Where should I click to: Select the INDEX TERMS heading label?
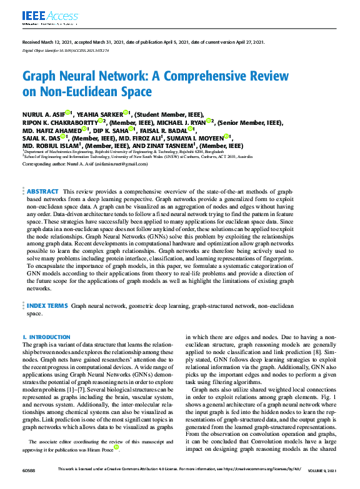(47, 306)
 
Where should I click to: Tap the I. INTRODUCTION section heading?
(47, 337)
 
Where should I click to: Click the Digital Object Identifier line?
(66, 50)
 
